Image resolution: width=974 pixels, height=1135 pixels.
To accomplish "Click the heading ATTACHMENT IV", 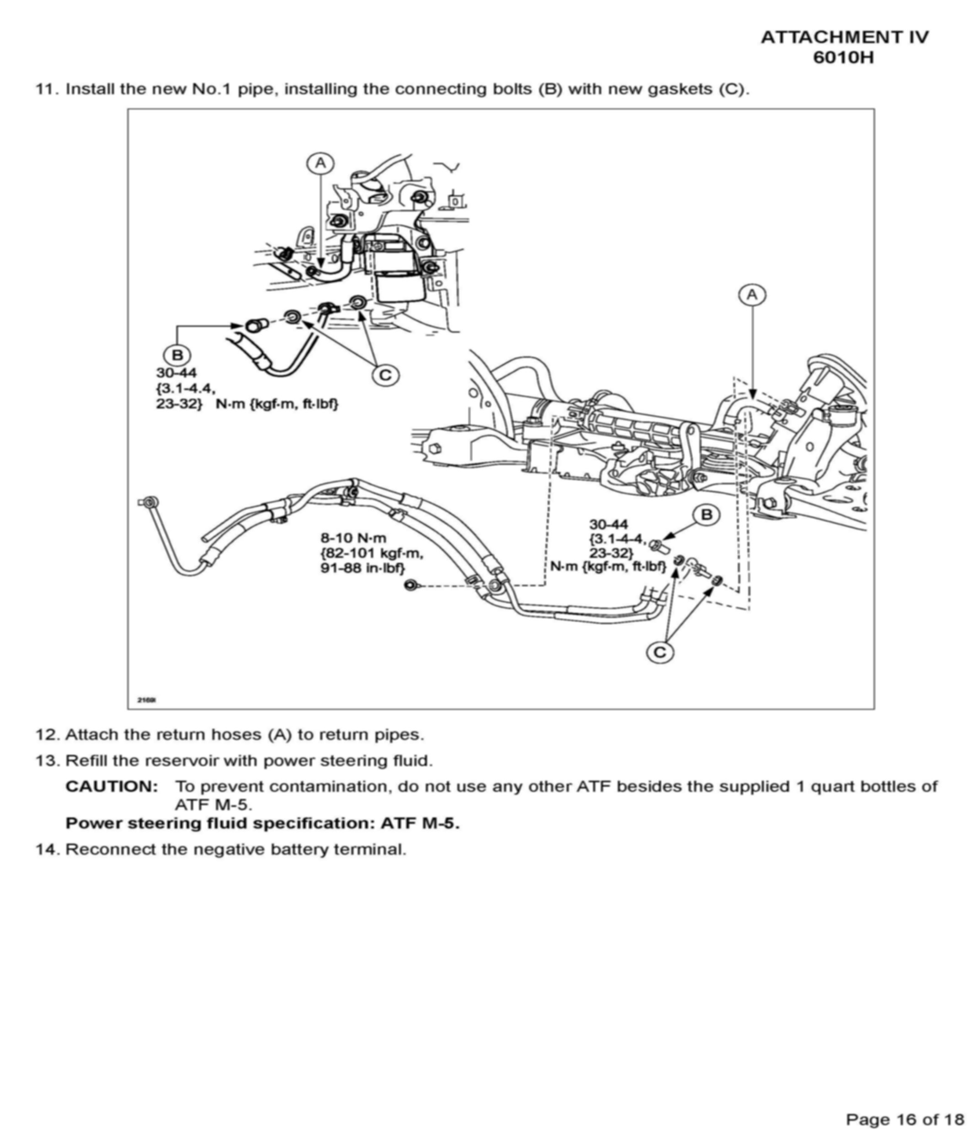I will pos(844,37).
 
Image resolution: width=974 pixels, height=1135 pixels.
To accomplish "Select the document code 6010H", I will pos(843,58).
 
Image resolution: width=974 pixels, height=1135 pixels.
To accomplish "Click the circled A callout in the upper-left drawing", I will pos(321,163).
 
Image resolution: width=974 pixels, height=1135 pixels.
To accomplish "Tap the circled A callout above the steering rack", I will pos(752,295).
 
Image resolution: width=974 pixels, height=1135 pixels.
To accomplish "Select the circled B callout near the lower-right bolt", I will pos(706,515).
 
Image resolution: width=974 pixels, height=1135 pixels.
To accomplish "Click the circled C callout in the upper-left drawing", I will pos(385,375).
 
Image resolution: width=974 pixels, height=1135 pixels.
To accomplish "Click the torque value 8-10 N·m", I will pos(353,538).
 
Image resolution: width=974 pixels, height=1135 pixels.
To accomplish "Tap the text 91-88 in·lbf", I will pos(362,568).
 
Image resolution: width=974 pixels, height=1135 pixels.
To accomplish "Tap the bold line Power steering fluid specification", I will pos(262,824).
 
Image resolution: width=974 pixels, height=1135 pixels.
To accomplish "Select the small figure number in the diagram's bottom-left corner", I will pos(147,700).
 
